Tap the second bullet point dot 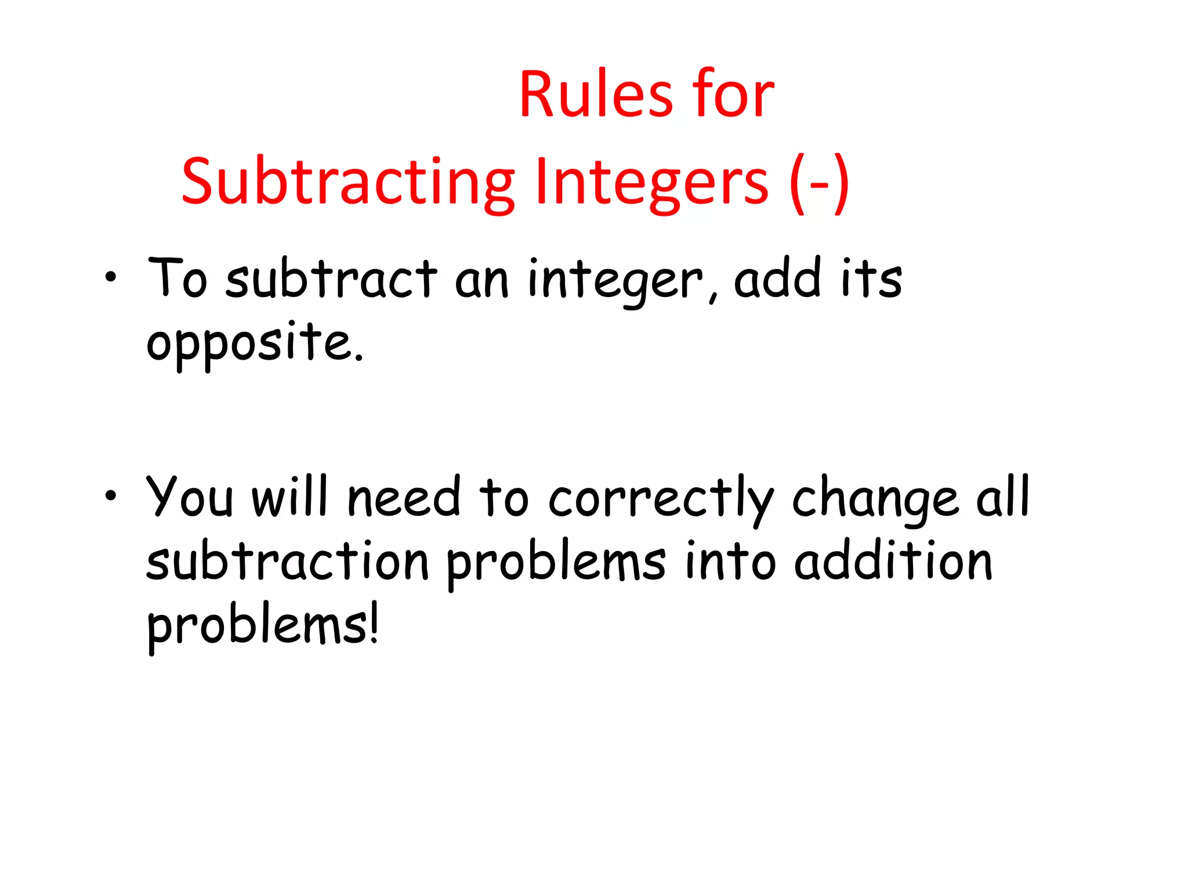110,496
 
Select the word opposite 255,343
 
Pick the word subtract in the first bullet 331,279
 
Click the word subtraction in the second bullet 288,562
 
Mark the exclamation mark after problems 374,624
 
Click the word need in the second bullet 404,498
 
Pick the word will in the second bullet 290,497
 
